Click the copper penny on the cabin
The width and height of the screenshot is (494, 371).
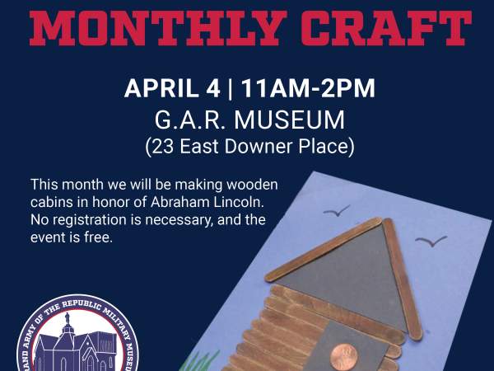(344, 357)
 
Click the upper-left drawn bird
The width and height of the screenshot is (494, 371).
(336, 211)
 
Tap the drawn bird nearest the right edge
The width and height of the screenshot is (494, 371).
(431, 242)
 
